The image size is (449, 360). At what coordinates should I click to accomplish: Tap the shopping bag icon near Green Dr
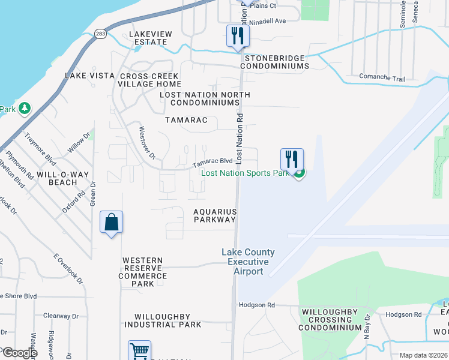point(112,223)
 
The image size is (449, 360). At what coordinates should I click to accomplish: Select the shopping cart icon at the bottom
point(139,351)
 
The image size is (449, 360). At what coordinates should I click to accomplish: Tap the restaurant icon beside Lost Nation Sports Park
point(291,159)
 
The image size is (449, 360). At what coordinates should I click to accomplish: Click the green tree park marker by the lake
point(24,109)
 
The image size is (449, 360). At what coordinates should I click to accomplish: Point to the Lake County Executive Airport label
point(248,262)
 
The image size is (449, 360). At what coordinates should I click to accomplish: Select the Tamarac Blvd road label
point(212,162)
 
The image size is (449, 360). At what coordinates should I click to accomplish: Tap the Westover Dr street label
point(147,143)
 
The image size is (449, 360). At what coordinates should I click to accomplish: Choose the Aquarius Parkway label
point(215,216)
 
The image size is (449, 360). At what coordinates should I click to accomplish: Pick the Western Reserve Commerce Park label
point(145,272)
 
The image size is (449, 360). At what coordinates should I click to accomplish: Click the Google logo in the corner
point(19,353)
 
